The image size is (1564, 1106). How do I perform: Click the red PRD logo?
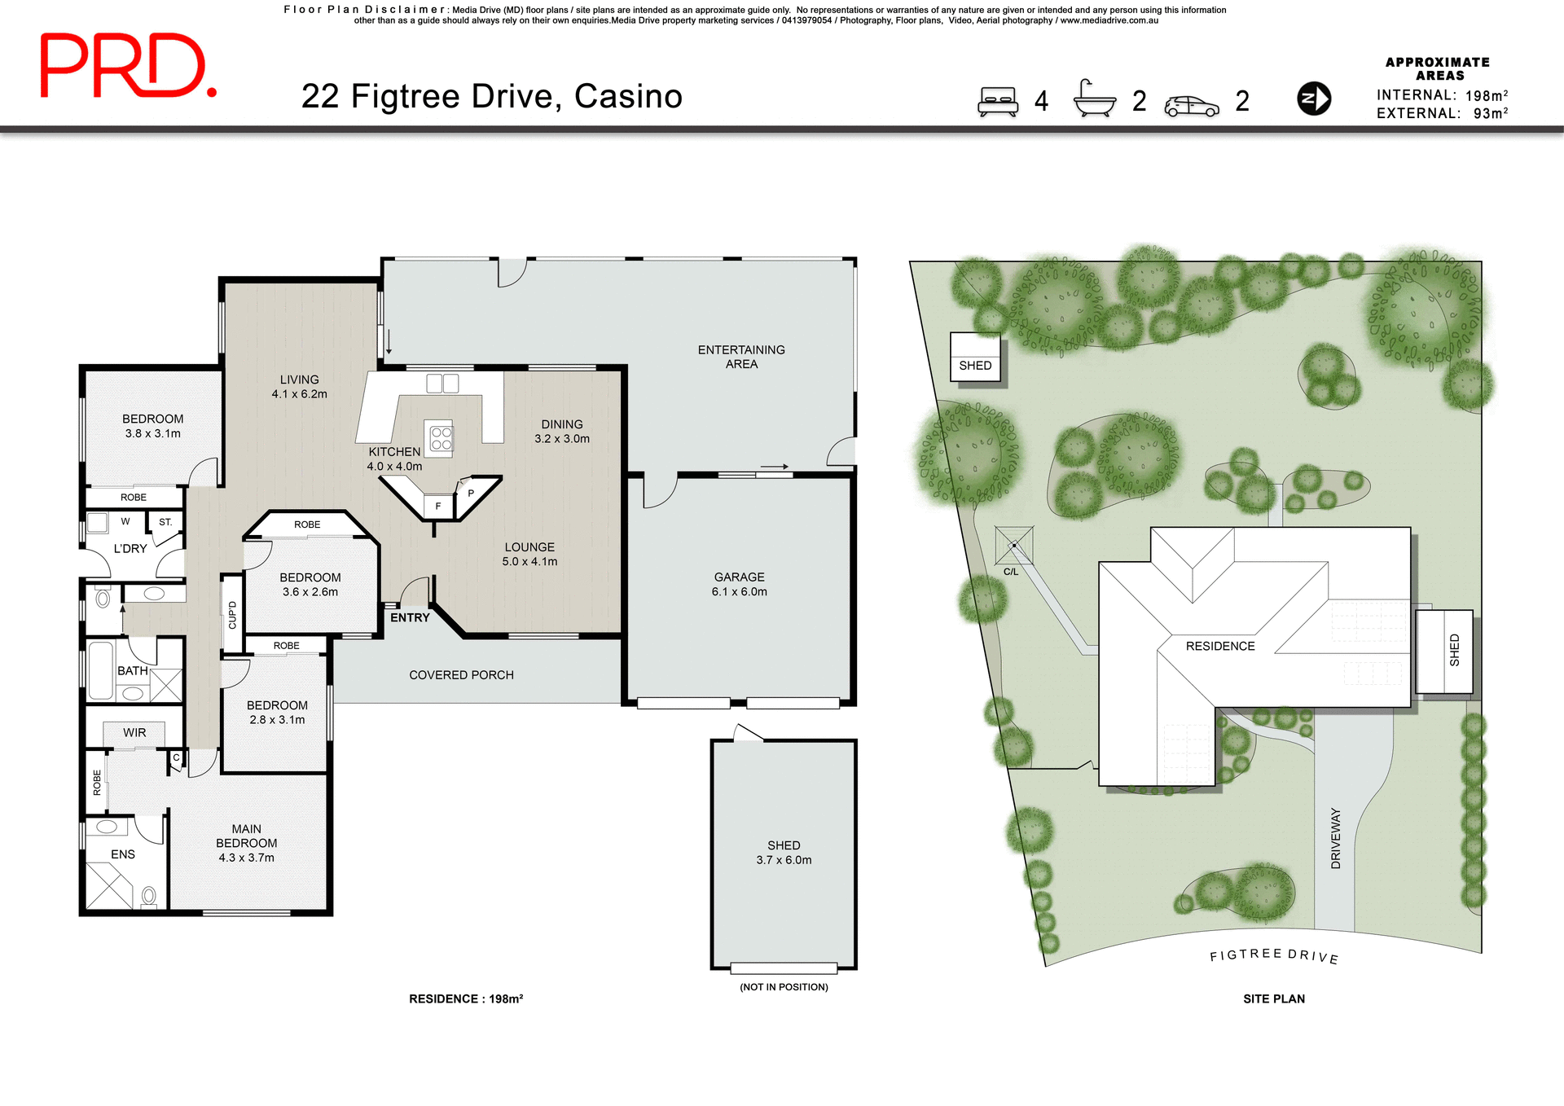point(128,65)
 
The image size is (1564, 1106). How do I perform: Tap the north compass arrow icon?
point(1313,99)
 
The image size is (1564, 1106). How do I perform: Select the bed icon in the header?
point(998,102)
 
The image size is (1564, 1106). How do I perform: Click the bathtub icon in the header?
point(1094,99)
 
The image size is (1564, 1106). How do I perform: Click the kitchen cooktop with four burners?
point(441,438)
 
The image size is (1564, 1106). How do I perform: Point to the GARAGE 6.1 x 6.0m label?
point(739,584)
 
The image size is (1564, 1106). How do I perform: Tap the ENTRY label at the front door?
point(409,618)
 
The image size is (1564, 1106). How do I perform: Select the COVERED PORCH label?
point(461,675)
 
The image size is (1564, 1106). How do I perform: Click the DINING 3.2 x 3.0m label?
point(562,431)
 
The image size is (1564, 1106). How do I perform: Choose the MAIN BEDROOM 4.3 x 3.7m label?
point(246,843)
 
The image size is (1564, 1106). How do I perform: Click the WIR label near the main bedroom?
point(134,733)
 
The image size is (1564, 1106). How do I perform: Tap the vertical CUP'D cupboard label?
point(232,614)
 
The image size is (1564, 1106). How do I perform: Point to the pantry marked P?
point(471,494)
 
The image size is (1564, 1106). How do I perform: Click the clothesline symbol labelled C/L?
point(1014,546)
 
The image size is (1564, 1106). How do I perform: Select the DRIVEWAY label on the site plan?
point(1335,838)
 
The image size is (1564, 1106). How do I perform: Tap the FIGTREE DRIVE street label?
point(1274,955)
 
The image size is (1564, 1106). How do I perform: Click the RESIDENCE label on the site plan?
point(1219,646)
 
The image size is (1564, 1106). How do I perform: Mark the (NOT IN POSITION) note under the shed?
point(784,987)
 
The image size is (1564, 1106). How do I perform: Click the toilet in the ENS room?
point(149,897)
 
